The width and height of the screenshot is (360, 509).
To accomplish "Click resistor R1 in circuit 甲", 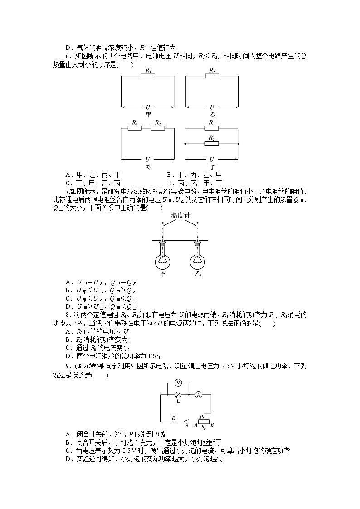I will click(148, 76).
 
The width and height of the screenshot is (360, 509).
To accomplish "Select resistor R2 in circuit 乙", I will click(212, 76).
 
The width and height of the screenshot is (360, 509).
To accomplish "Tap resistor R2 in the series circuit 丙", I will click(157, 128).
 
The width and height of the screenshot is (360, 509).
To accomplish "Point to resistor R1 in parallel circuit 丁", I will click(212, 128).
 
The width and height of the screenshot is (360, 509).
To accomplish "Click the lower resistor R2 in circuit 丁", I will click(212, 143).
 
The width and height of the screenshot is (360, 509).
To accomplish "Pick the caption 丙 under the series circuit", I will click(148, 167).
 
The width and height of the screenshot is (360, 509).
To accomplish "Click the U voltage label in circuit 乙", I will click(212, 107).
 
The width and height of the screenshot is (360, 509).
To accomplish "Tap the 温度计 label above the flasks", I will click(180, 215).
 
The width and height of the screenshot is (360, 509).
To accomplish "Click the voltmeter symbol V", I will click(178, 383).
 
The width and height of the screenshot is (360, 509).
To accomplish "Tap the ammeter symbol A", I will click(198, 395).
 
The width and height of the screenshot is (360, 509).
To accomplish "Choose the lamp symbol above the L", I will click(178, 395).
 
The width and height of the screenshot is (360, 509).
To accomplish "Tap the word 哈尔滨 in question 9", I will click(81, 366).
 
